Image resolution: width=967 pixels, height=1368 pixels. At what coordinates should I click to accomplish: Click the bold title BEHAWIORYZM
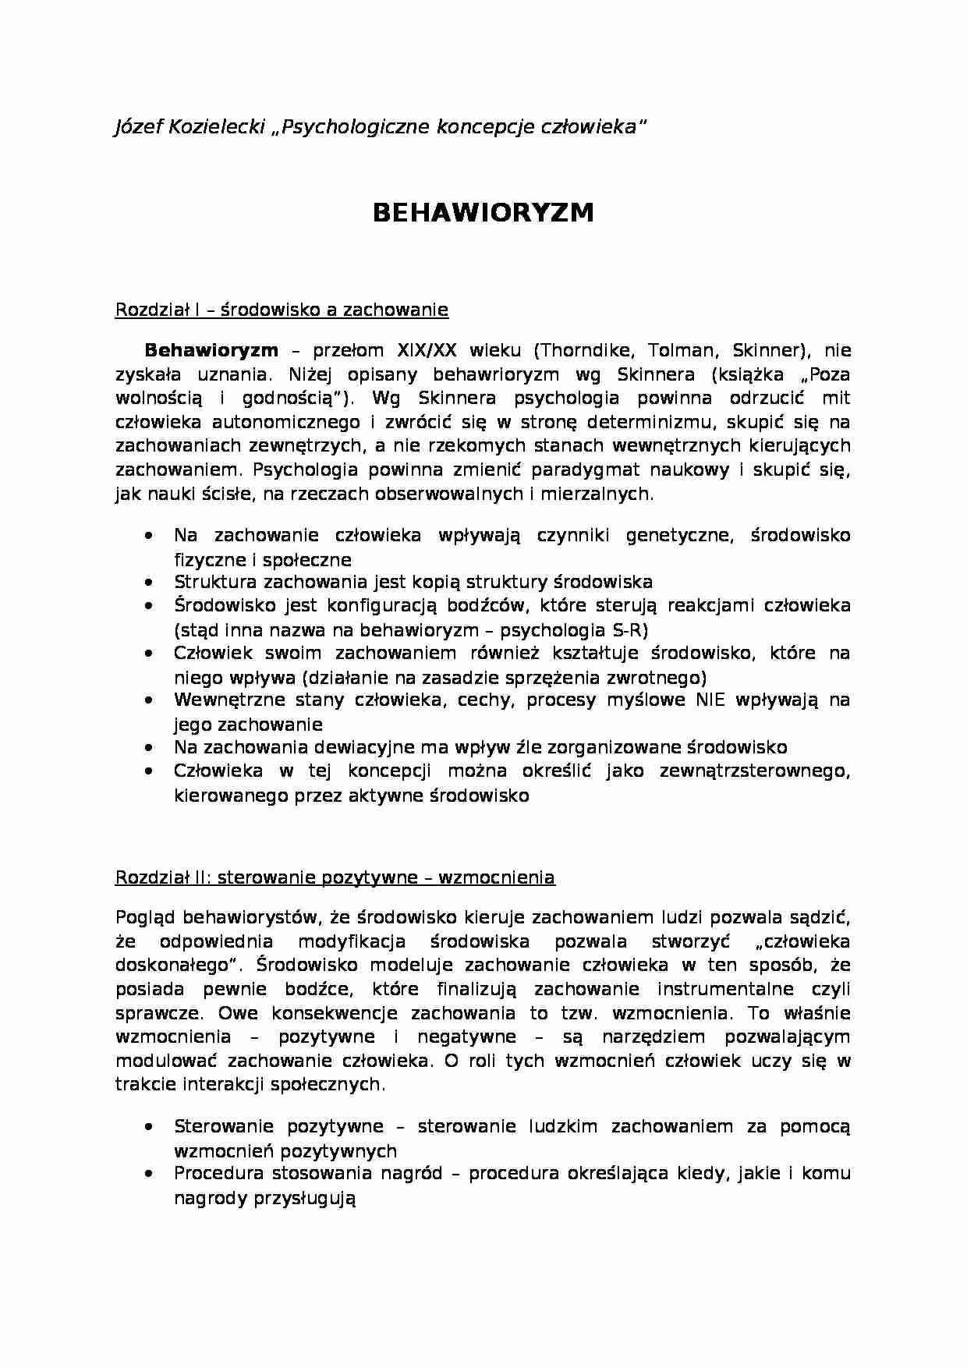pyautogui.click(x=483, y=212)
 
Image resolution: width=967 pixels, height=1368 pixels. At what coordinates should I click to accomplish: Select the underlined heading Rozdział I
pyautogui.click(x=282, y=310)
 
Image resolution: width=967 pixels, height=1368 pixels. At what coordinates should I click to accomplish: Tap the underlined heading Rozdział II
pyautogui.click(x=335, y=877)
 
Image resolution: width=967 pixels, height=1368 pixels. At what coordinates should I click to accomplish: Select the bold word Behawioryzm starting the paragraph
pyautogui.click(x=211, y=350)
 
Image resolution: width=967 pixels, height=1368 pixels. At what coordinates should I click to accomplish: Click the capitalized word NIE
pyautogui.click(x=711, y=700)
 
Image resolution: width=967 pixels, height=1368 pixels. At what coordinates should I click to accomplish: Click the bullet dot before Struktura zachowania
pyautogui.click(x=149, y=583)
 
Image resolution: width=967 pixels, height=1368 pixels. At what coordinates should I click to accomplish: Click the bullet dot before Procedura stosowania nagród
pyautogui.click(x=149, y=1174)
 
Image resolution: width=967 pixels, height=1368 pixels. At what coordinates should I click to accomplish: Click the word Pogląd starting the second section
pyautogui.click(x=145, y=917)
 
